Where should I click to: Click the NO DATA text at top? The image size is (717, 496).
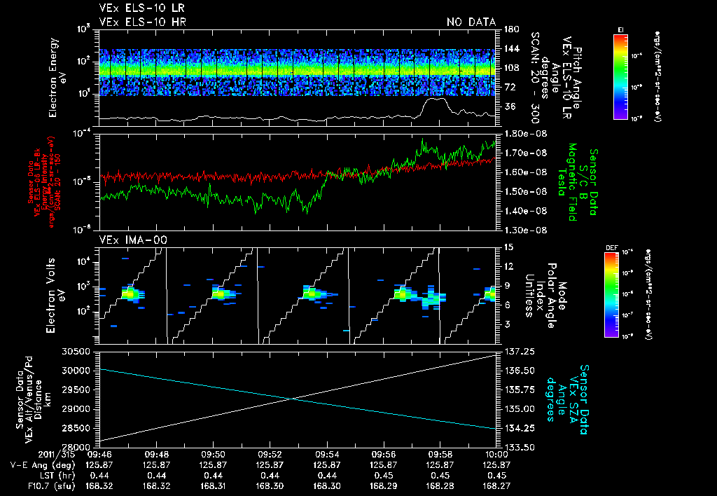[x=471, y=22]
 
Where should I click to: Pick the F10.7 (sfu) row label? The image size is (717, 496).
[x=31, y=485]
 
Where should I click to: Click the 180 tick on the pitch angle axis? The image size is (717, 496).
[x=510, y=29]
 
